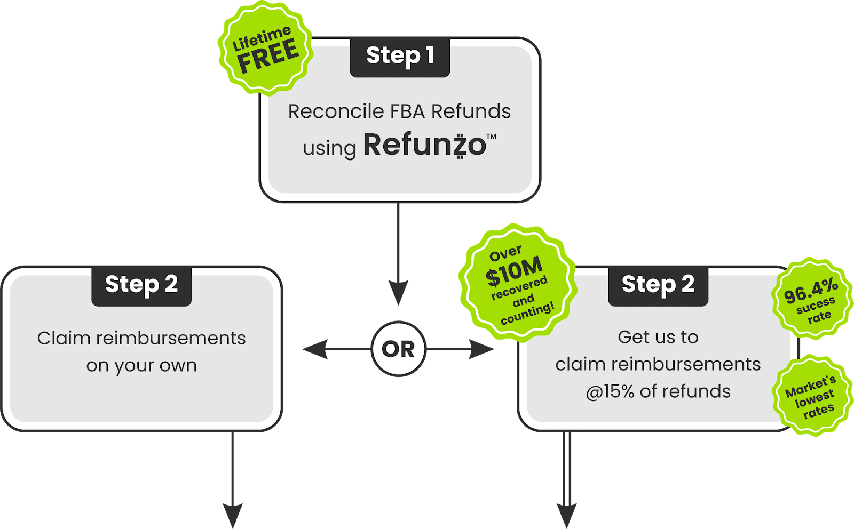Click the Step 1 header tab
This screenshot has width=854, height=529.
(x=400, y=56)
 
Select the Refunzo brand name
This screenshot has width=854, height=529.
(x=424, y=145)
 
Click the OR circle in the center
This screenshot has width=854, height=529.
(x=398, y=349)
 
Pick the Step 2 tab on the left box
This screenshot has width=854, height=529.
(x=141, y=285)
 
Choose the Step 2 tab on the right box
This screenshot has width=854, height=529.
(x=658, y=285)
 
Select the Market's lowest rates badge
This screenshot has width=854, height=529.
(x=811, y=395)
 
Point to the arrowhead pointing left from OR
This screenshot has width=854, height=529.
(x=315, y=350)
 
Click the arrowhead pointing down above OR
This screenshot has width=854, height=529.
(x=398, y=292)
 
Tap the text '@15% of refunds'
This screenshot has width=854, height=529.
(x=658, y=392)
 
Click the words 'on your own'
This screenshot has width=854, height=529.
(x=141, y=366)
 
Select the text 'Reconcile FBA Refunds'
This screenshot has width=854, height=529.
(x=399, y=111)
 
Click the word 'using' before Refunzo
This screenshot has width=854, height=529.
(x=329, y=148)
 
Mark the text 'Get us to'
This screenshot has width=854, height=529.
(x=658, y=337)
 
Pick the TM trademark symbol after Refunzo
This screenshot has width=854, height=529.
(x=491, y=137)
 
